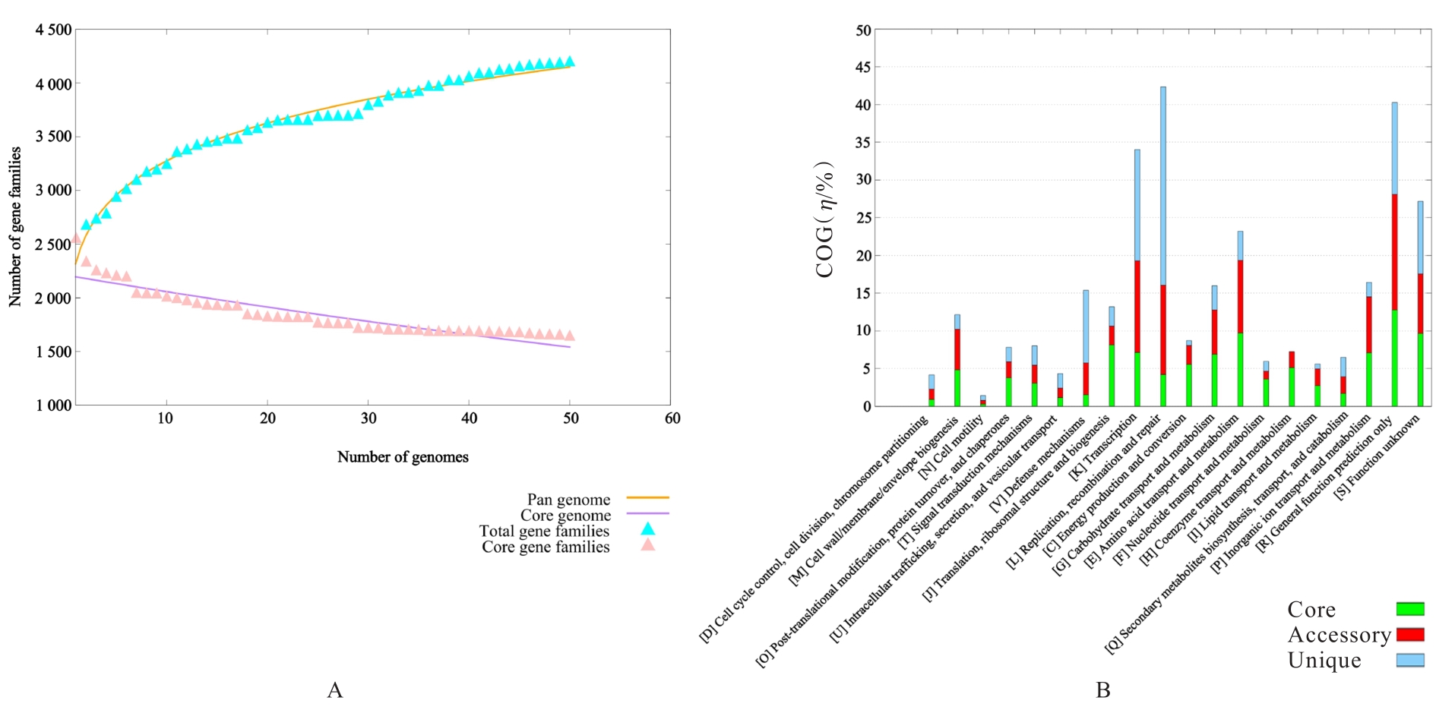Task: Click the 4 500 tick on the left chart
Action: tap(53, 30)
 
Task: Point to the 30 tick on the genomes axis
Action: tap(368, 418)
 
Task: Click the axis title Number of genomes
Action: tap(403, 457)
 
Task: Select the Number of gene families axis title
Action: tap(15, 226)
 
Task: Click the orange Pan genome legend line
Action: tap(647, 498)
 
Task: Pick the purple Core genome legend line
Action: tap(647, 514)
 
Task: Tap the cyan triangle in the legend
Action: tap(647, 529)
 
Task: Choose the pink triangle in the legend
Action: tap(647, 544)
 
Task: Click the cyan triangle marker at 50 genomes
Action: tap(570, 62)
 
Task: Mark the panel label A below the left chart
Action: tap(334, 689)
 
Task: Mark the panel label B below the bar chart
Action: tap(1103, 689)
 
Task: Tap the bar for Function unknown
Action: tap(1420, 304)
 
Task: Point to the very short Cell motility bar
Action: tap(982, 401)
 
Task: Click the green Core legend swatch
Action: tap(1410, 609)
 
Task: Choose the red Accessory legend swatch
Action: tap(1410, 635)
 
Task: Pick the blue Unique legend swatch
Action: tap(1410, 661)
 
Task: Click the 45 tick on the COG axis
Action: tap(863, 68)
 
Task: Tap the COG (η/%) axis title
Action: tap(825, 220)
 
